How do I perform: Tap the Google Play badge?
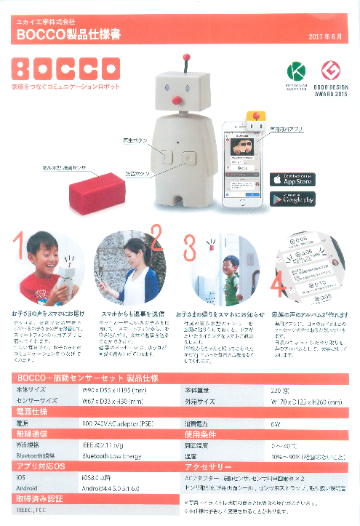(293, 199)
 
